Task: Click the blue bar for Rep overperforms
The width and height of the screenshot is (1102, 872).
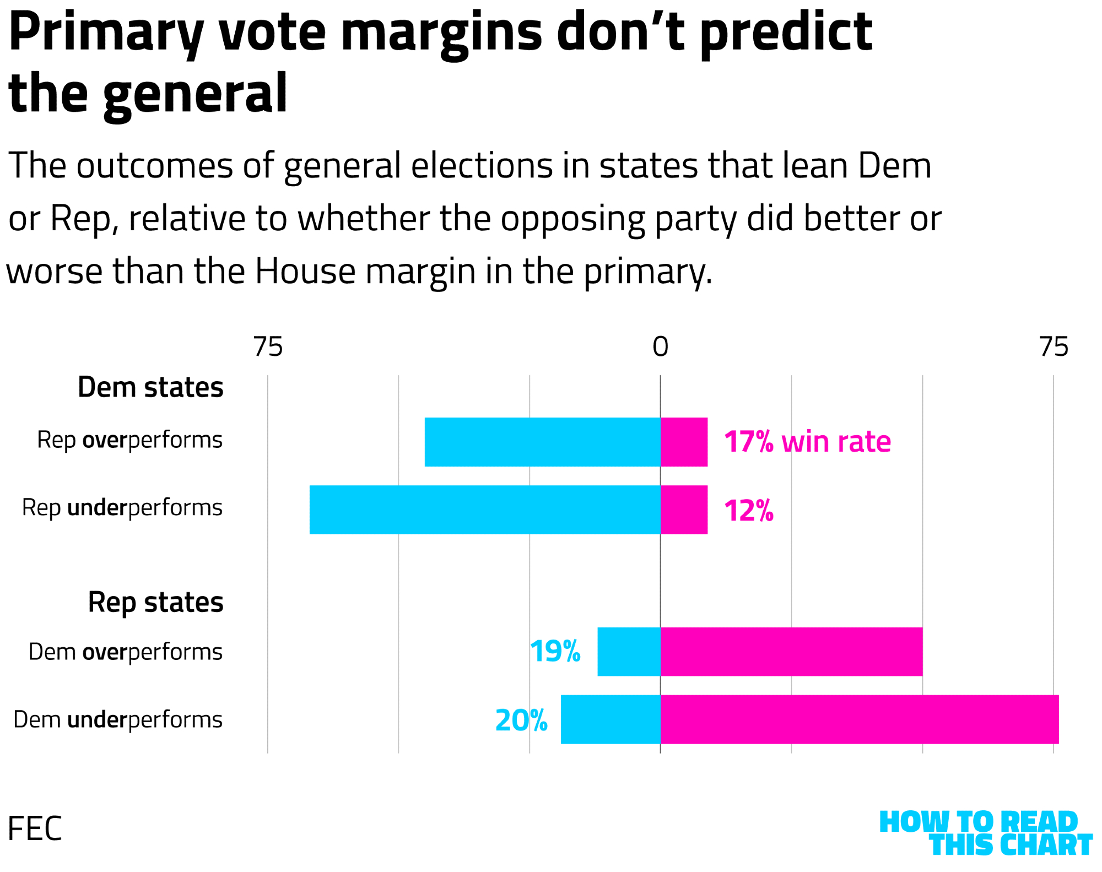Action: coord(543,442)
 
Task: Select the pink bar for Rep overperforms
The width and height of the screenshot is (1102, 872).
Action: coord(684,442)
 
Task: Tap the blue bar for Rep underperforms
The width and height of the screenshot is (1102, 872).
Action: coord(485,510)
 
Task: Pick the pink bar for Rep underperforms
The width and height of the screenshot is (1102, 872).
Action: coord(684,510)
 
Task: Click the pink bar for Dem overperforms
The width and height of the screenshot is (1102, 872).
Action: coord(791,652)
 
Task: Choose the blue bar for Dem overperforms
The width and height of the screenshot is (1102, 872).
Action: coord(629,652)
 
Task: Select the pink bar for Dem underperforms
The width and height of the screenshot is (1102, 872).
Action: coord(860,719)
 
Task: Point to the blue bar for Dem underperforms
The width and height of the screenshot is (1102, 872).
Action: coord(611,719)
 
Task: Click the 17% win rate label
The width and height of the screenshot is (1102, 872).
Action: coord(807,442)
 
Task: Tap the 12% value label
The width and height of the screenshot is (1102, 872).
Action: coord(748,511)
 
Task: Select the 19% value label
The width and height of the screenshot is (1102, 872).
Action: coord(555,652)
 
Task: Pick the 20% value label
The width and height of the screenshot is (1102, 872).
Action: coord(521,721)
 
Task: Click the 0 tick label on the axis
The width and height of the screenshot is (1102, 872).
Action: coord(660,347)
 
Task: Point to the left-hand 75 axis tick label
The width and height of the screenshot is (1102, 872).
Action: coord(268,347)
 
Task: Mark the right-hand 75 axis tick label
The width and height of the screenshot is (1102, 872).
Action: coord(1054,347)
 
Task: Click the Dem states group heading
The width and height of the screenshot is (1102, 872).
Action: coord(150,387)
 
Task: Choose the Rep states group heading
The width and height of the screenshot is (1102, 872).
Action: coord(155,602)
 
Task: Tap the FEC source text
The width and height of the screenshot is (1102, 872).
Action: coord(34,828)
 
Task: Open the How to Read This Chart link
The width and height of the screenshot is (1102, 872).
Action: coord(985,833)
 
